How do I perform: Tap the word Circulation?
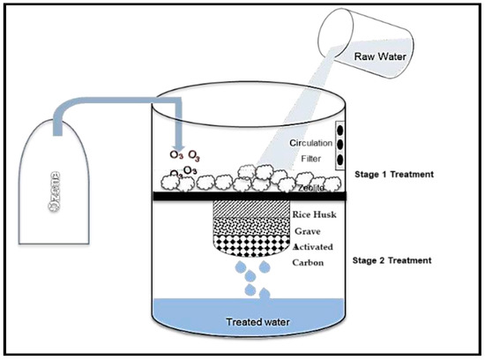[x=313, y=142]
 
